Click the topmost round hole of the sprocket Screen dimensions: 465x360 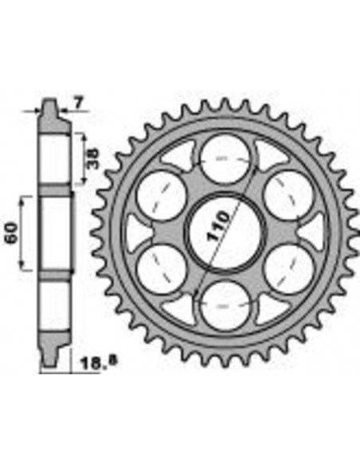(x=224, y=158)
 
